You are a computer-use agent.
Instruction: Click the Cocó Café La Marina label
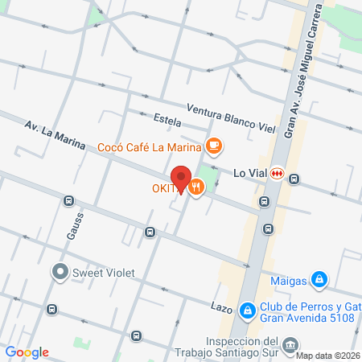pos(149,146)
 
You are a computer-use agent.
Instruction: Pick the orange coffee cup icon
pos(213,146)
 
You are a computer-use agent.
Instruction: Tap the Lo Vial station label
pos(249,173)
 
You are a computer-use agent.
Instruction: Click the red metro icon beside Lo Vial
pos(278,173)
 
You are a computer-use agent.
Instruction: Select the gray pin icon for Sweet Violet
pos(60,272)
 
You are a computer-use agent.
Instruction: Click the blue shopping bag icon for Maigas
pos(320,279)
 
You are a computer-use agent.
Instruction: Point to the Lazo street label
pos(222,308)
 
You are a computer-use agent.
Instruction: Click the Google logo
pos(27,352)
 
